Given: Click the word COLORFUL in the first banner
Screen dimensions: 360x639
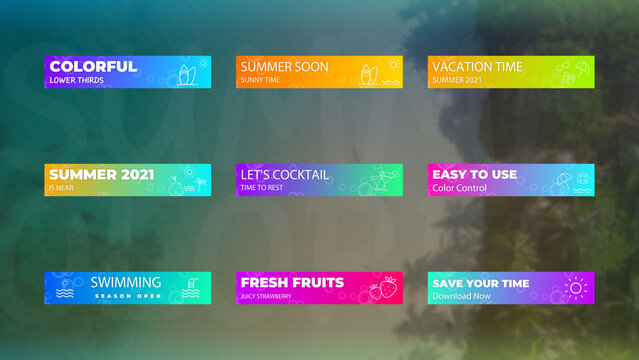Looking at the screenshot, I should (x=93, y=66).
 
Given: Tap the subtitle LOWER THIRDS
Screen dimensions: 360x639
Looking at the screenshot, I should (x=76, y=80).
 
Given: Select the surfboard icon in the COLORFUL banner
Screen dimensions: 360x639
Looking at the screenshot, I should (x=185, y=74).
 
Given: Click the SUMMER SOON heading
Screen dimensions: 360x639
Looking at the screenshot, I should (x=284, y=67).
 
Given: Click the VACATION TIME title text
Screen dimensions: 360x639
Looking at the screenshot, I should (x=477, y=67).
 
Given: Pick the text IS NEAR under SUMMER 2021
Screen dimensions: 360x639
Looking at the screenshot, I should (x=60, y=188).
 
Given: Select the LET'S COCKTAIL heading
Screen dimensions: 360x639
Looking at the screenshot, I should (x=284, y=174).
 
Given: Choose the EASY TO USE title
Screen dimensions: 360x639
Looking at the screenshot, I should (x=474, y=174).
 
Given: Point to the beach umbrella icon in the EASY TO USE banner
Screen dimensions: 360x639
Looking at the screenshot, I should (x=563, y=181).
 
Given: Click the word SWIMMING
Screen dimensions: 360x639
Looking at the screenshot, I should (x=125, y=282).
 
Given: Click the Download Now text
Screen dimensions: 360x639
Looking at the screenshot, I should (x=461, y=296).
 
